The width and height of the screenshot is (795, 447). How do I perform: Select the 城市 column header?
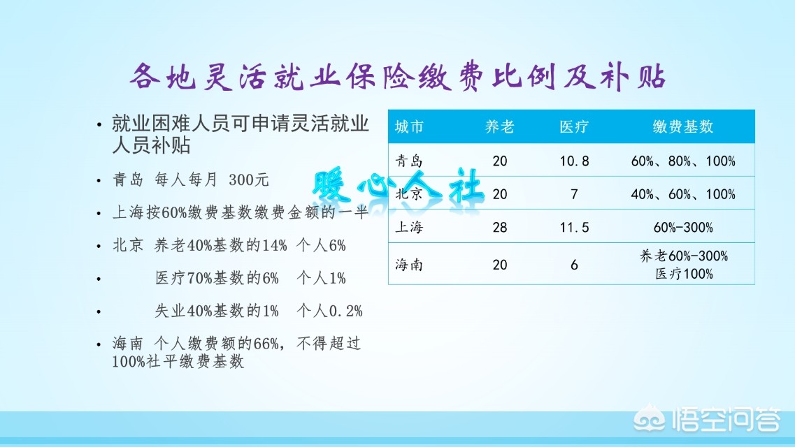click(409, 127)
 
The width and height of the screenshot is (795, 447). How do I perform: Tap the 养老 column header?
click(499, 127)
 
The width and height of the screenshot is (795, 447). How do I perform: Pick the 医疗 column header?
click(574, 127)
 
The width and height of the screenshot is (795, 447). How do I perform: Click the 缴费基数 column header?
click(683, 127)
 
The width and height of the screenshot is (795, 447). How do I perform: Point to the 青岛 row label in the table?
click(409, 161)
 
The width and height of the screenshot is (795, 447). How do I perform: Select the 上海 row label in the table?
click(409, 228)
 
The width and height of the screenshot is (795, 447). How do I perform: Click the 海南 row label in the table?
click(409, 265)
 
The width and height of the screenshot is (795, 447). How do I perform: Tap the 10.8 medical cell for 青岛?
click(574, 161)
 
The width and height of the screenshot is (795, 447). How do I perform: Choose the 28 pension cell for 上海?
click(499, 228)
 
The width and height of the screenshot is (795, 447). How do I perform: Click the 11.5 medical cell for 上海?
click(574, 228)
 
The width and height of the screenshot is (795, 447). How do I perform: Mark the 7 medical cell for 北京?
click(574, 194)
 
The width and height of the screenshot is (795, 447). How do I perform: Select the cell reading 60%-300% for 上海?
click(683, 228)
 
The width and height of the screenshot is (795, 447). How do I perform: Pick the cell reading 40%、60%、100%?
click(683, 194)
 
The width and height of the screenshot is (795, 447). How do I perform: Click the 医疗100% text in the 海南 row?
click(683, 274)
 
